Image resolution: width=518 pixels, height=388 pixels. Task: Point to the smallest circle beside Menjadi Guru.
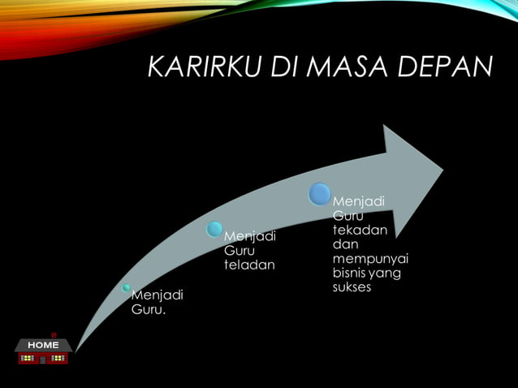pos(127,287)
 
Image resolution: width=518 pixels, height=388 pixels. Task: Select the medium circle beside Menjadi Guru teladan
pos(214,229)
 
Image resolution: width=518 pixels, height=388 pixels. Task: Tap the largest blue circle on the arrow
pos(321,194)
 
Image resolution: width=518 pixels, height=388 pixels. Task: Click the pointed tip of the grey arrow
pos(442,170)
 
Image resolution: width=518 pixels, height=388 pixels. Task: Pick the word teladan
pos(249,265)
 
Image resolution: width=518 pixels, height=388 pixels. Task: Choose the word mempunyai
pos(370,258)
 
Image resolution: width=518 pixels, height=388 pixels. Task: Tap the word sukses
pos(352,287)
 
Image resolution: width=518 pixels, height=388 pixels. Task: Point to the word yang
pos(385,274)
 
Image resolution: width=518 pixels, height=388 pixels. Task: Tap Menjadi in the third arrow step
pos(359,200)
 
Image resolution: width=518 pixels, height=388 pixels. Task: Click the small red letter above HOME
pos(54,334)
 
